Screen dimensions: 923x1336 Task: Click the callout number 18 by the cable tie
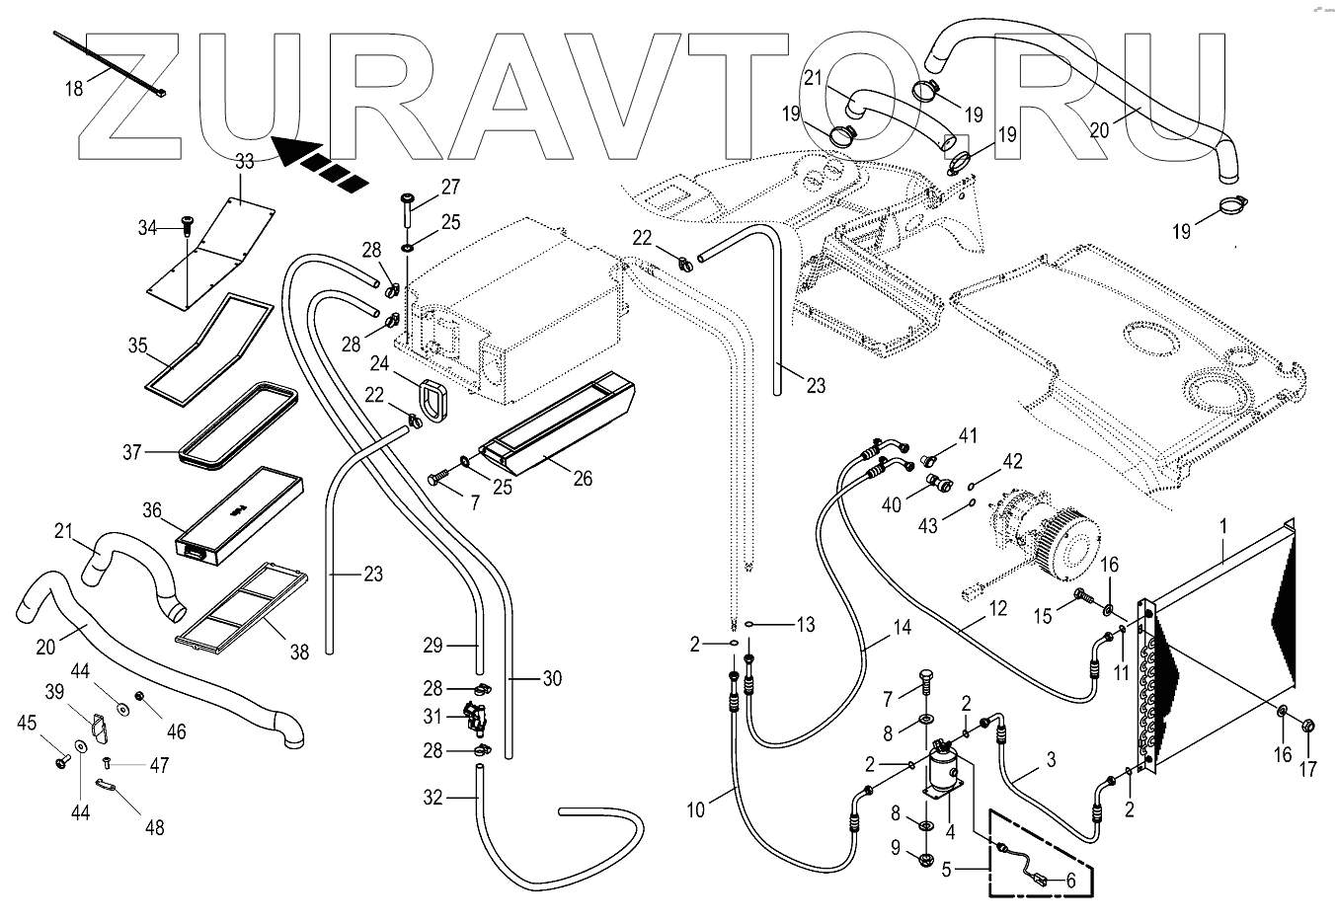pos(74,89)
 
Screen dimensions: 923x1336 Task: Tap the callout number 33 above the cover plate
pos(244,161)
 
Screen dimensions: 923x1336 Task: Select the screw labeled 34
pos(185,227)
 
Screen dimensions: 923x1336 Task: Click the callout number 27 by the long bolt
pos(450,187)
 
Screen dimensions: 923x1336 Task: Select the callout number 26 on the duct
pos(583,479)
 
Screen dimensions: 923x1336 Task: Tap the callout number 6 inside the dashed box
pos(1069,882)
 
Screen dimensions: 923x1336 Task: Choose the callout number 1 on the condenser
pos(1223,527)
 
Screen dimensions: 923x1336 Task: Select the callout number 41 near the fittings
pos(968,435)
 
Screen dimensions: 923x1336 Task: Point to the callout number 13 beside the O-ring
pos(806,624)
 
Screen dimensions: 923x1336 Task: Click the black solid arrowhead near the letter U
pos(293,151)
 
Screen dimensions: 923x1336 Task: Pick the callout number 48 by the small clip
pos(154,827)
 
